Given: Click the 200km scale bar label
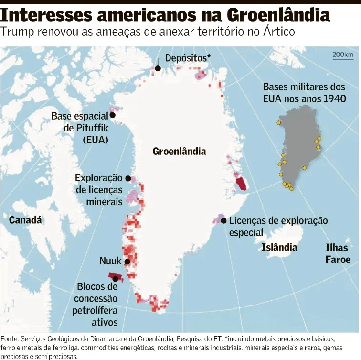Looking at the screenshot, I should tap(342, 55).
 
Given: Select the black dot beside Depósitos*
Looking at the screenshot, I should tap(158, 68).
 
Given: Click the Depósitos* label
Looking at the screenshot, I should tap(188, 58).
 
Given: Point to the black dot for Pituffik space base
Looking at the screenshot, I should tap(113, 115).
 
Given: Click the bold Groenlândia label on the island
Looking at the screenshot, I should tap(179, 152).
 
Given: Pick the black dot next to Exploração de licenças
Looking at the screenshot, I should tap(127, 178).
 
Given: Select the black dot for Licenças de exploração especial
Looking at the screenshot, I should tap(223, 220).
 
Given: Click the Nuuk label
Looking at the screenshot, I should tap(110, 261).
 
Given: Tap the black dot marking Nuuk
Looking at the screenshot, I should tap(127, 262).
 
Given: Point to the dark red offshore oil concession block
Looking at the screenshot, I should tap(115, 276).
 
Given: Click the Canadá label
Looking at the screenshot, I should tap(25, 220).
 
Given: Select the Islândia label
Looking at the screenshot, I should tap(279, 247).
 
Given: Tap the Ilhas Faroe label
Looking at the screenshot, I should tap(338, 253).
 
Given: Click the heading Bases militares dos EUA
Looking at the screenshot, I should tap(304, 93).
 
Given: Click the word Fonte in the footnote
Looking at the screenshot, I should tap(11, 338).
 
